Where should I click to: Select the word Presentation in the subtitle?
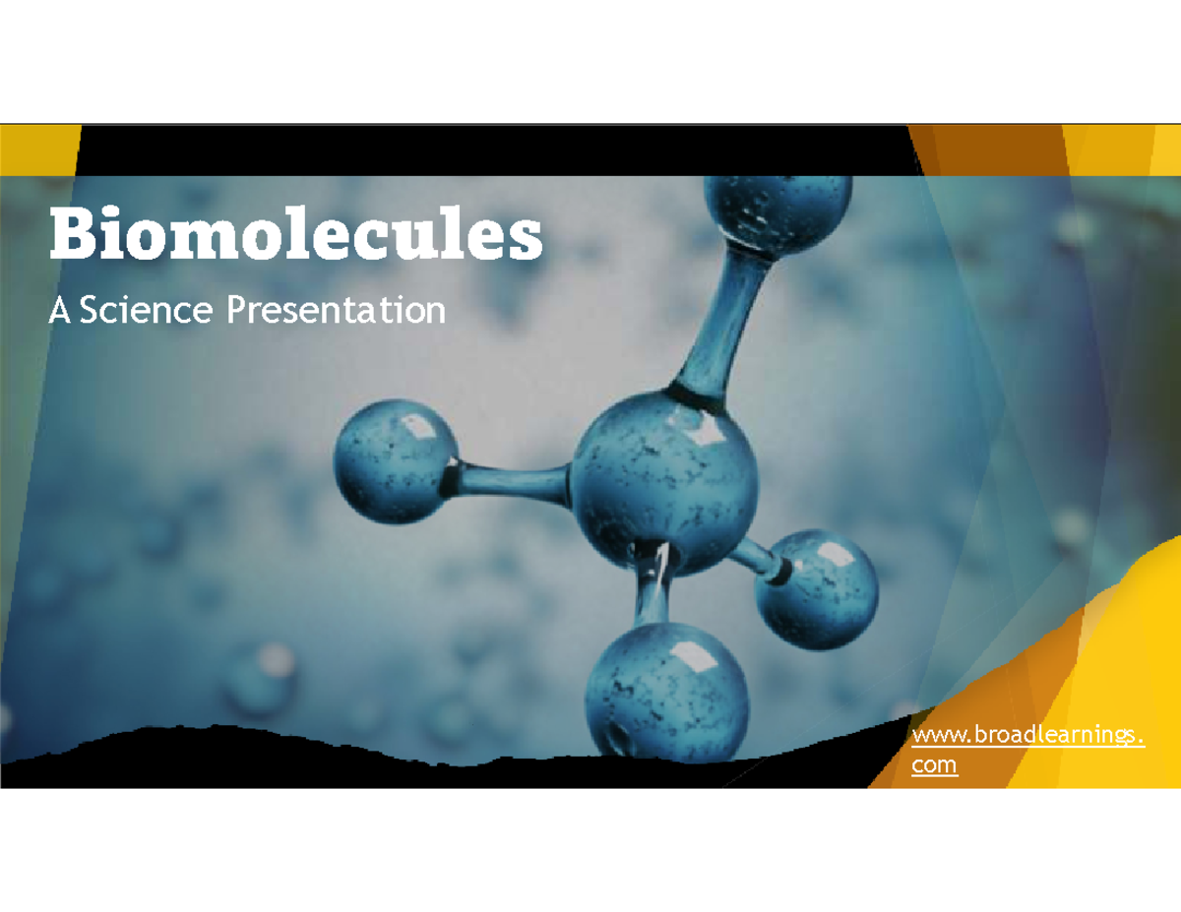click(336, 311)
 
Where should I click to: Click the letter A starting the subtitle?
click(61, 311)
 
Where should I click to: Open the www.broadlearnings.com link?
click(1027, 737)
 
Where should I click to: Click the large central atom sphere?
click(664, 482)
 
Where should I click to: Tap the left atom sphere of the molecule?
click(395, 460)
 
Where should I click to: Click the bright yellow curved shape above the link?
click(1132, 630)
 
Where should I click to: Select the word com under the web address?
click(934, 764)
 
